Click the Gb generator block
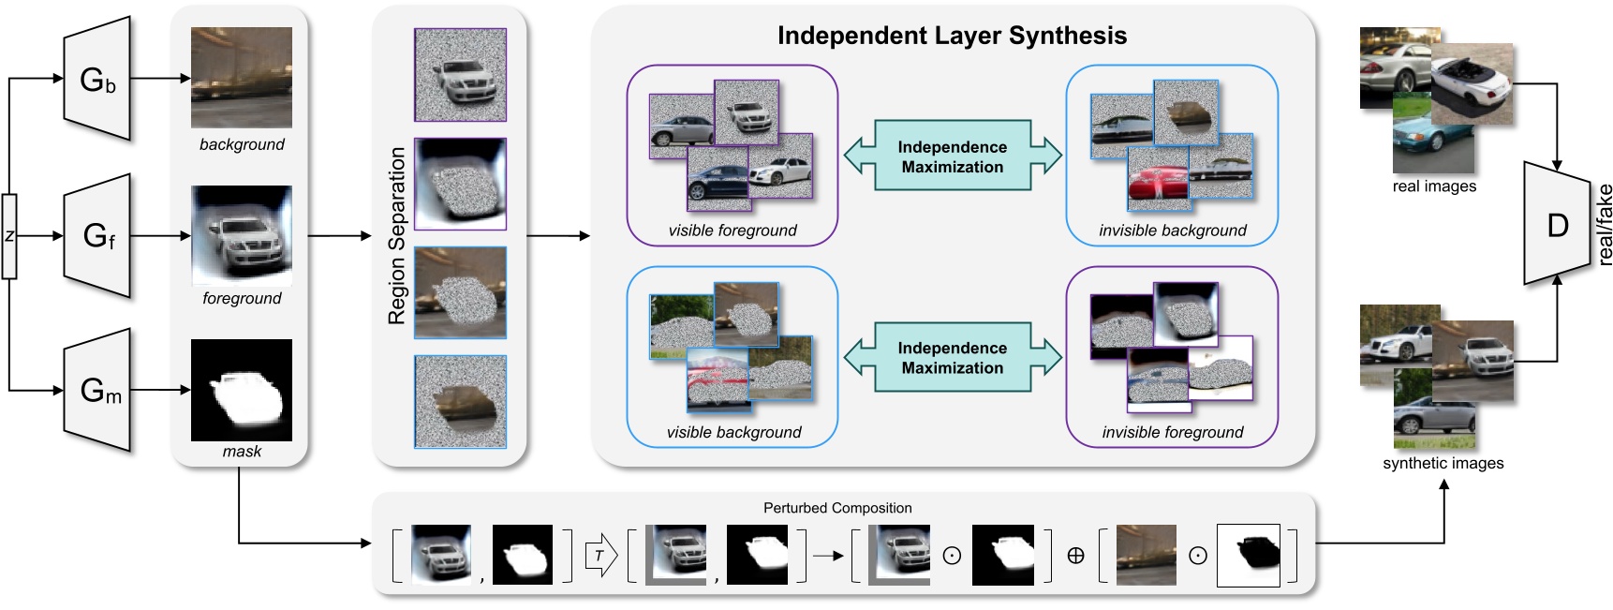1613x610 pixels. (96, 80)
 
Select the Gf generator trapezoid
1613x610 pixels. (96, 235)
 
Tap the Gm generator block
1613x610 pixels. (96, 390)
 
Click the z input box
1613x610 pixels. (9, 236)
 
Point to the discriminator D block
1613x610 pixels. (1556, 225)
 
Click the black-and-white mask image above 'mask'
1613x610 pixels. (241, 390)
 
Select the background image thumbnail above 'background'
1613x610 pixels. (241, 78)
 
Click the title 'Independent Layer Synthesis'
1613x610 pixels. (952, 36)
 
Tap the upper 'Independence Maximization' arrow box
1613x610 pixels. (952, 156)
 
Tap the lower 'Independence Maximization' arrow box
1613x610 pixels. (952, 358)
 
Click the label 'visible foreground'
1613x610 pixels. (733, 231)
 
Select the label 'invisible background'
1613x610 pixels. (1172, 231)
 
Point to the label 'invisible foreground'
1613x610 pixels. (1172, 432)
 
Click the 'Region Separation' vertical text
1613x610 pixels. (397, 236)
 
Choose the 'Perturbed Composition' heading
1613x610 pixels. (836, 508)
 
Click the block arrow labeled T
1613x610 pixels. (600, 556)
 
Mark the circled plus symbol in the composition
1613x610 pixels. (1075, 556)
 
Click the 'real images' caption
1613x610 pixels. (1433, 186)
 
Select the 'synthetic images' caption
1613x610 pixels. (1443, 463)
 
